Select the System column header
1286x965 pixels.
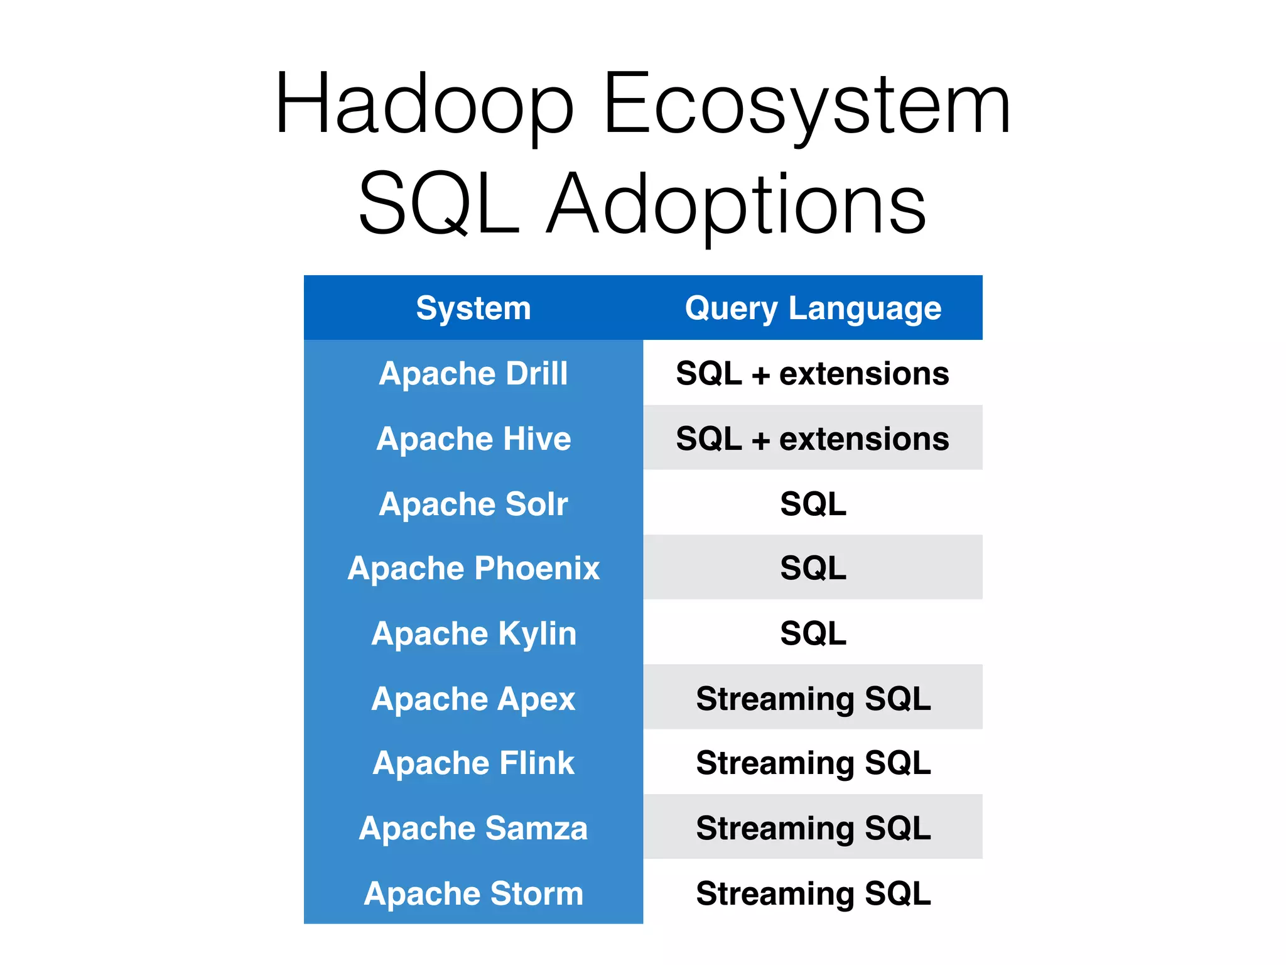473,308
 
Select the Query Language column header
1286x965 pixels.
813,308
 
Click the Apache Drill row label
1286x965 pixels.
473,373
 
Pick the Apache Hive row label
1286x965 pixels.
473,439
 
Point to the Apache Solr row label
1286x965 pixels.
473,504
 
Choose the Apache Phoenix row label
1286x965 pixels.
473,568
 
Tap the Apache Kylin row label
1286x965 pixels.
473,633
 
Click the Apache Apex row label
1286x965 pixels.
473,699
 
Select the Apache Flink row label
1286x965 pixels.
473,763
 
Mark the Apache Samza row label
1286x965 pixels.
473,828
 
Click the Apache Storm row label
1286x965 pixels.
473,893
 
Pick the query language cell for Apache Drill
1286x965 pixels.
813,373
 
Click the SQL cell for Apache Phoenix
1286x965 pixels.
813,568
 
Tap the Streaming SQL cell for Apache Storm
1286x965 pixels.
813,893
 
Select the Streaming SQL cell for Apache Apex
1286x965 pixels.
813,699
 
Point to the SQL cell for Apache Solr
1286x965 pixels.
813,504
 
